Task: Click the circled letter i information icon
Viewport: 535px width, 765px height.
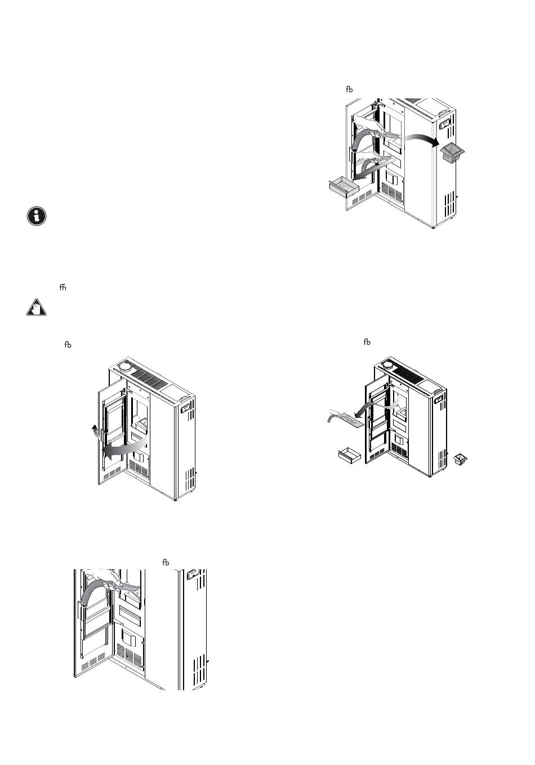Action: click(x=37, y=216)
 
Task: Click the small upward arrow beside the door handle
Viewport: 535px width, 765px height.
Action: click(x=95, y=432)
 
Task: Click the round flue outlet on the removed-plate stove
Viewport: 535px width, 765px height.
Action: click(x=388, y=364)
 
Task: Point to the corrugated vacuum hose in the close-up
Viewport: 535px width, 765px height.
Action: click(x=91, y=596)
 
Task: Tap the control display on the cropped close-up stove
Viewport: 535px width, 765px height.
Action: click(x=192, y=575)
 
